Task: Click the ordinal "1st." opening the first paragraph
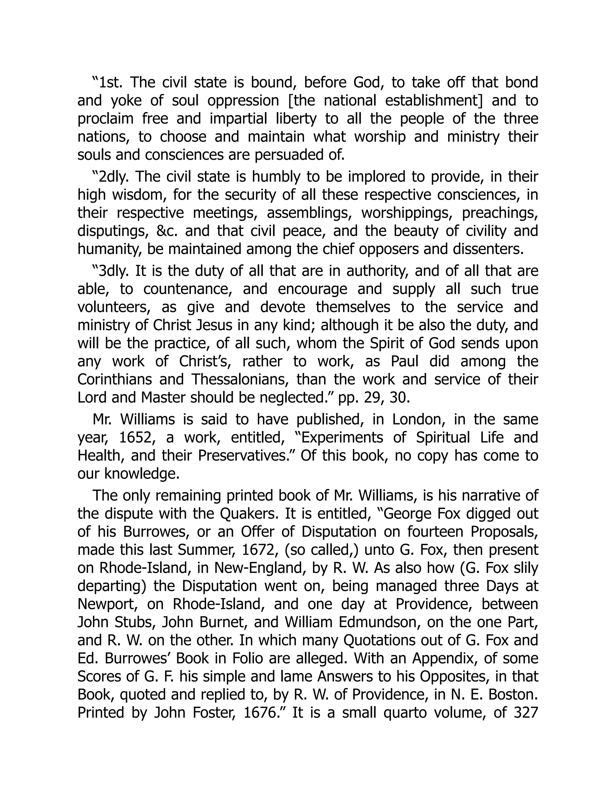[x=109, y=82]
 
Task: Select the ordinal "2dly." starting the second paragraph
[x=112, y=177]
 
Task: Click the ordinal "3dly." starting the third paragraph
[x=112, y=271]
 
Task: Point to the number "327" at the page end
[x=525, y=713]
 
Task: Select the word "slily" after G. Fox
[x=525, y=568]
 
